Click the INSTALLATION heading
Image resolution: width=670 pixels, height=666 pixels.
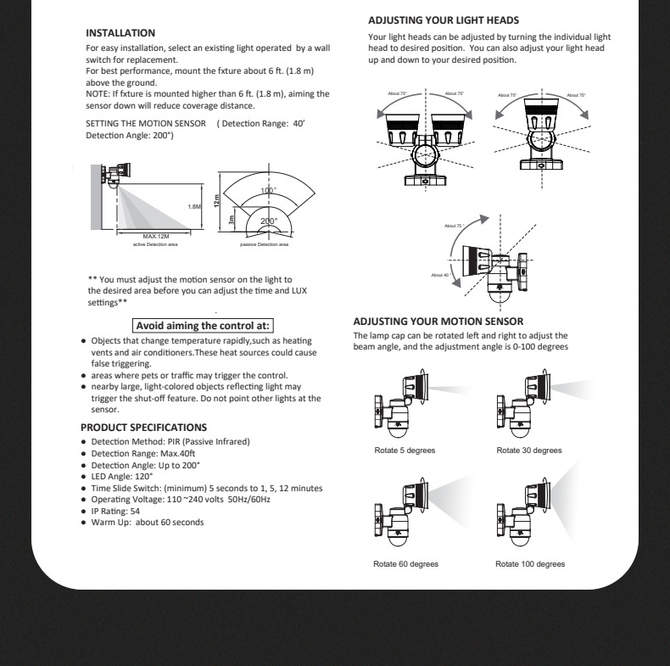tap(118, 32)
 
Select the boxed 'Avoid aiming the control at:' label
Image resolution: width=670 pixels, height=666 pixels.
tap(204, 324)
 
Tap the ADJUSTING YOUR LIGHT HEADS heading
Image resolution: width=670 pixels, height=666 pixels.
tap(444, 20)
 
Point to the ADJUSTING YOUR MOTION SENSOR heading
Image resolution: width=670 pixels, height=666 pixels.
tap(438, 322)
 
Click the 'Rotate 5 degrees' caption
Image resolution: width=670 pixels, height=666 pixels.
tap(405, 450)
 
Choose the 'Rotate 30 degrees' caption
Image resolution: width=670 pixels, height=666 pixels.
tap(529, 450)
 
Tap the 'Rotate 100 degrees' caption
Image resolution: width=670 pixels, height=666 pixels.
tap(531, 563)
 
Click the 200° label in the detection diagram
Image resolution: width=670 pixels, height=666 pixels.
tap(269, 221)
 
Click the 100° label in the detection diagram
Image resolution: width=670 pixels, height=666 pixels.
tap(269, 191)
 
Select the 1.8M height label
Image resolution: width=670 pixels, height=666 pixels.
tap(194, 205)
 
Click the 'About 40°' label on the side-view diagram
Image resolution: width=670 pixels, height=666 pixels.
tap(439, 275)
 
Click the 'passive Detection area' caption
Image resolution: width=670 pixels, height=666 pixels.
tap(264, 244)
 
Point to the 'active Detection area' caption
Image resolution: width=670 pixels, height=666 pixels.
tap(148, 244)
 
